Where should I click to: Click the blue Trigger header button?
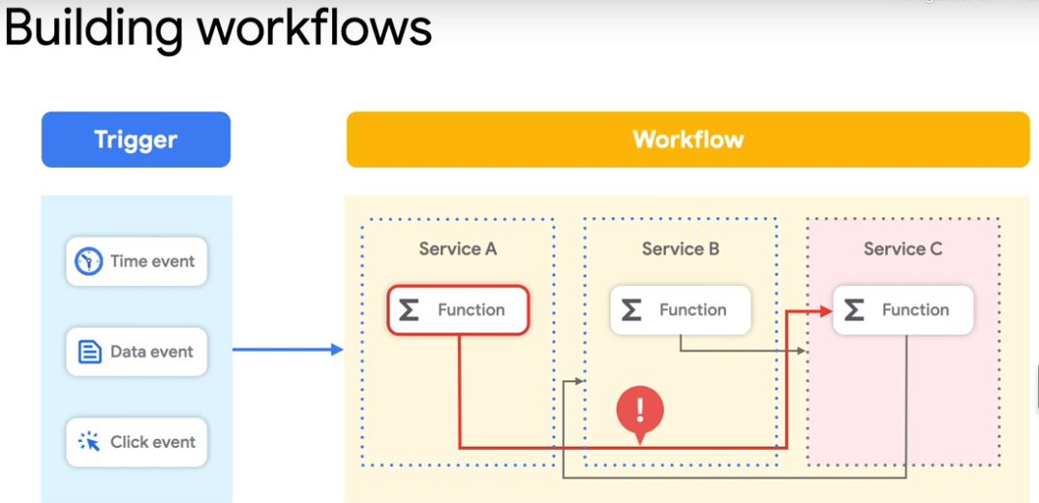coord(136,140)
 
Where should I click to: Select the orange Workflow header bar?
coord(688,140)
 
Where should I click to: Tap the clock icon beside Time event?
coord(90,261)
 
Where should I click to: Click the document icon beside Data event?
coord(90,352)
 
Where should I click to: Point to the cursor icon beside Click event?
coord(90,442)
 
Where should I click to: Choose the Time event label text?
coord(152,261)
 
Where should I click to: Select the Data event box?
coord(136,352)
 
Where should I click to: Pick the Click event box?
coord(136,442)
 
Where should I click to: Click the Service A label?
coord(458,249)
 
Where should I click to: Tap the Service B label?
coord(681,249)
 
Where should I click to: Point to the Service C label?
coord(902,249)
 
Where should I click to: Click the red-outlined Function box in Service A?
coord(458,310)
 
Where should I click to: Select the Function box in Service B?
coord(681,310)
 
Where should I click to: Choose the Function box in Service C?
coord(902,310)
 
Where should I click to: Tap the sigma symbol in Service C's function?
coord(854,310)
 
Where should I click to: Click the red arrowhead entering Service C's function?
coord(825,311)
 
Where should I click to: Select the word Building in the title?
coord(93,29)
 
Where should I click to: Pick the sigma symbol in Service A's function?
coord(410,310)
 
